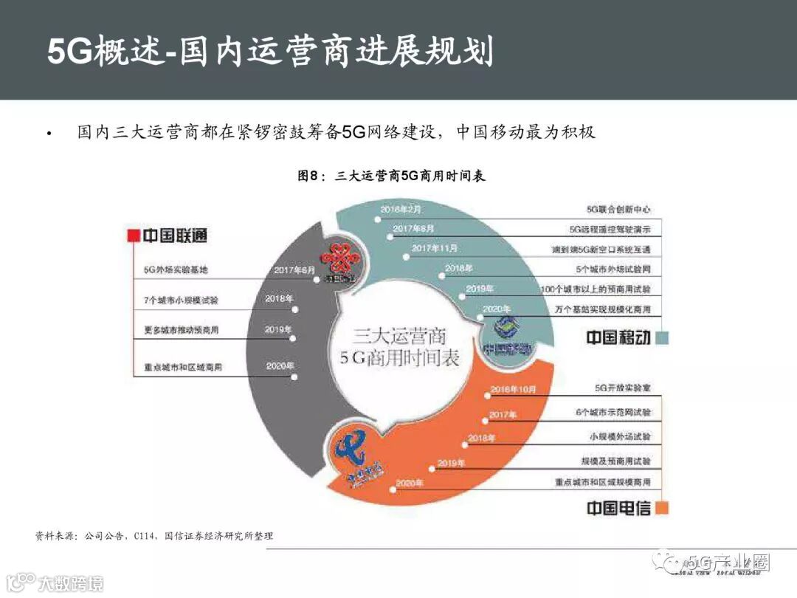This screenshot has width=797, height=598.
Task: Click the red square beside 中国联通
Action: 134,236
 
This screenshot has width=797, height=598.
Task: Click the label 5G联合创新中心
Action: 618,210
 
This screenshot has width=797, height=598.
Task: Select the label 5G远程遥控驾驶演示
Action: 610,230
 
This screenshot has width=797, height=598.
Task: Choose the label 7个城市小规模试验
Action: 181,300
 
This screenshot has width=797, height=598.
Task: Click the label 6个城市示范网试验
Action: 613,412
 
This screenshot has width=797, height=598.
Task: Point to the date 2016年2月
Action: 401,210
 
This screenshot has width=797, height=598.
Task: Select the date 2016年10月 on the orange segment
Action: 512,389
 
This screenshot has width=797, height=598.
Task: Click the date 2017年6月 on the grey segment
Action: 294,270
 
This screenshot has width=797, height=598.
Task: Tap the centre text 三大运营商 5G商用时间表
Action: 398,347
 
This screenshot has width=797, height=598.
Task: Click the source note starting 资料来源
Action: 153,535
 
